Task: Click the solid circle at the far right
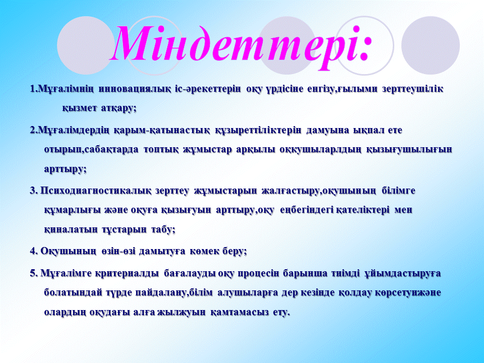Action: click(430, 45)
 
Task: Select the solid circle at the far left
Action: click(86, 45)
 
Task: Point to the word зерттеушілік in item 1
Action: click(413, 89)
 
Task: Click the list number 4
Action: click(33, 251)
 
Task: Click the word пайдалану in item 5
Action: click(160, 293)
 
